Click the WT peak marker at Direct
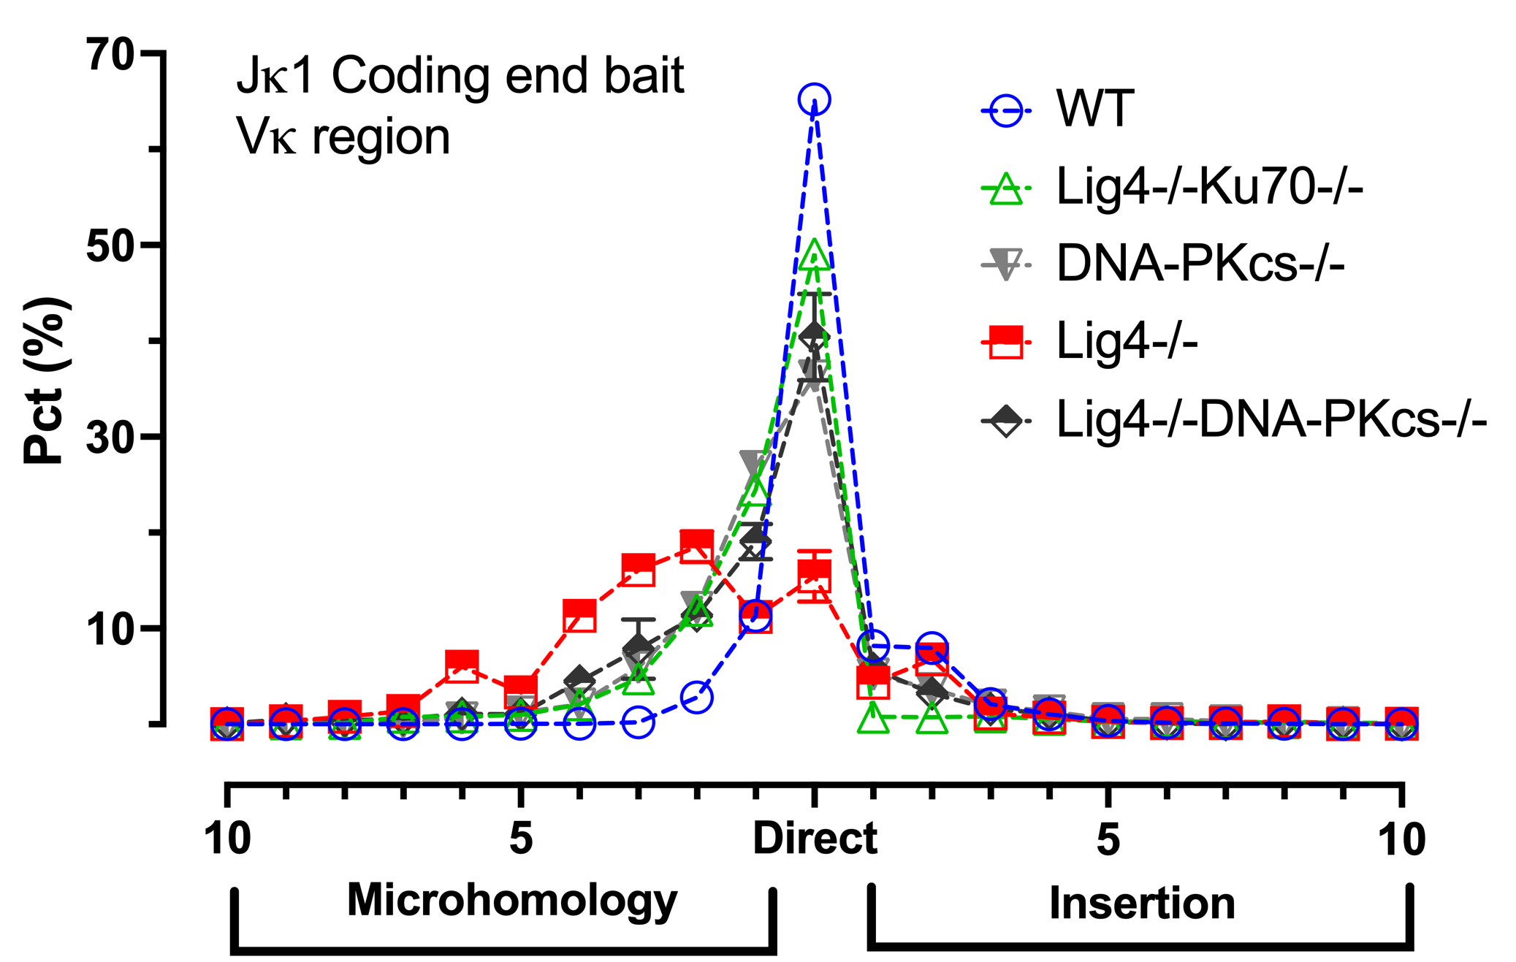coord(814,99)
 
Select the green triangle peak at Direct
coord(814,256)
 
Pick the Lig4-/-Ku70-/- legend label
coord(1209,187)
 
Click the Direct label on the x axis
coord(815,838)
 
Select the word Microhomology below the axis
coord(511,900)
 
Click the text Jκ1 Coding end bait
coord(460,76)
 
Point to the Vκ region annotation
coord(343,137)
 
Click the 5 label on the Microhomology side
coord(520,838)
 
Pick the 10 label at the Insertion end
coord(1401,838)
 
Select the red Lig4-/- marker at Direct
coord(814,575)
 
